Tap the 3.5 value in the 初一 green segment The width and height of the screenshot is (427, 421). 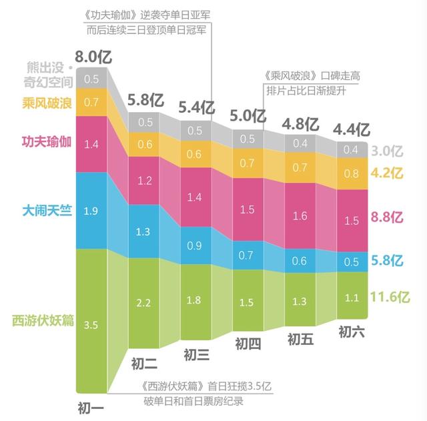pos(92,326)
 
